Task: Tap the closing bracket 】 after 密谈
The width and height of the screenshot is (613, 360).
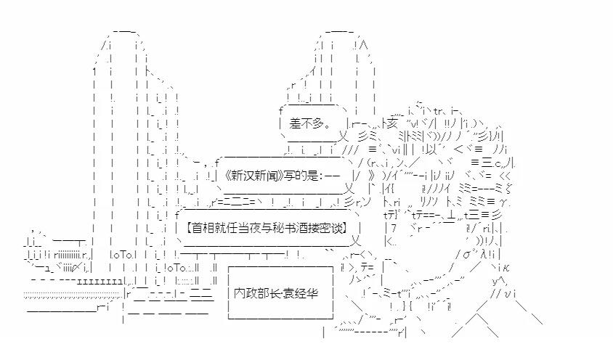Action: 348,226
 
